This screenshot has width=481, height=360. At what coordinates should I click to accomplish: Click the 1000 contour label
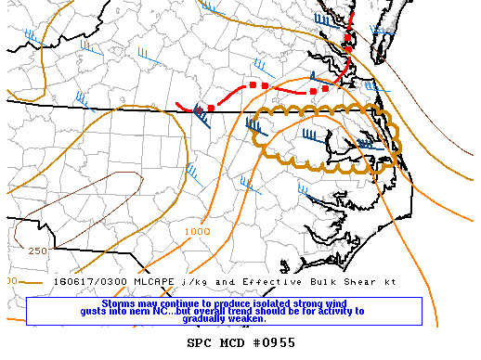click(197, 231)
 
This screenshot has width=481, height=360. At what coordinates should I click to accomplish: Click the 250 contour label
click(37, 251)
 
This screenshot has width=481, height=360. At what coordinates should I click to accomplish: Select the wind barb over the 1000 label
click(193, 171)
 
